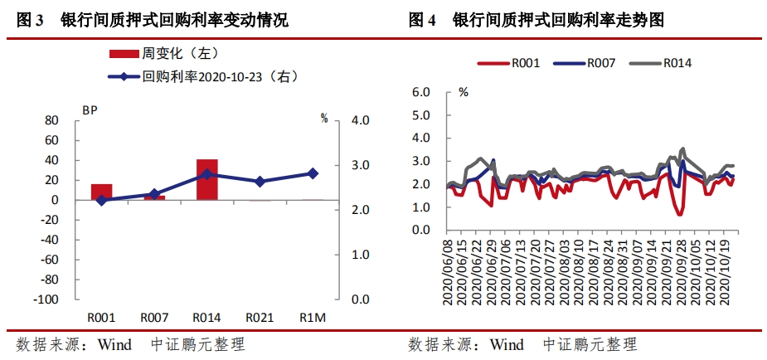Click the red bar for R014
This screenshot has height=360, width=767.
(206, 179)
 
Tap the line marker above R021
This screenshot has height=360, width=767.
(260, 181)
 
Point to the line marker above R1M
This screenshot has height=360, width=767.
(313, 173)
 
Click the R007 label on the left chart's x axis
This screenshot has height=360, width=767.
(154, 317)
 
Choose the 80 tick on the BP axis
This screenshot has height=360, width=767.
(51, 120)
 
